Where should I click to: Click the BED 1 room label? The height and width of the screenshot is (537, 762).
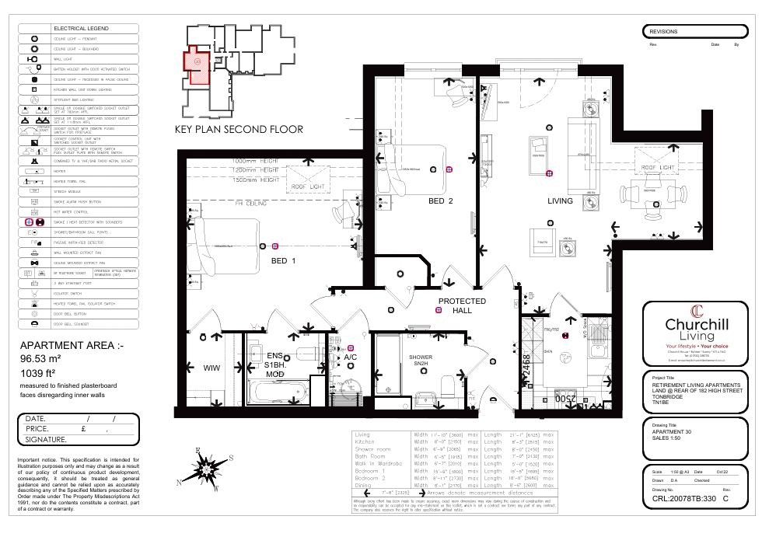point(283,261)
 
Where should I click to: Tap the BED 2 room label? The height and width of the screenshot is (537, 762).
point(440,201)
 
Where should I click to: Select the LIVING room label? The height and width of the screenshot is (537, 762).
point(560,201)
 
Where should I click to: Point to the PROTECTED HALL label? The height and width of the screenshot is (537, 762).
point(462,305)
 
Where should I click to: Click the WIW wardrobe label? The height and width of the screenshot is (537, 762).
point(212,368)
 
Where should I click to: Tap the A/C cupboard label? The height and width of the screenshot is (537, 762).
point(351,357)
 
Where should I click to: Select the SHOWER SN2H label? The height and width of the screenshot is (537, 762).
point(422,361)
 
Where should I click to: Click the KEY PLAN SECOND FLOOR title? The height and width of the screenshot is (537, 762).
point(238,130)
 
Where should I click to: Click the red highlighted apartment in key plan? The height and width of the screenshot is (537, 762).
point(197,67)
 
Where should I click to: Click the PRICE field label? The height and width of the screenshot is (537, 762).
point(37,428)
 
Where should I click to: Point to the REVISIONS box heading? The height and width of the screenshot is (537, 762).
point(664,32)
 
